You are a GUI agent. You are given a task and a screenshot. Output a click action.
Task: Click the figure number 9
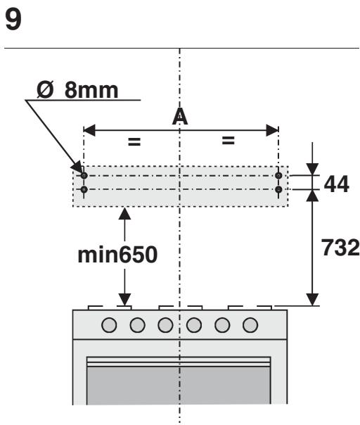tap(13, 20)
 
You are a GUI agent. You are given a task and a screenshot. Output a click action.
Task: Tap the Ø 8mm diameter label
tap(77, 90)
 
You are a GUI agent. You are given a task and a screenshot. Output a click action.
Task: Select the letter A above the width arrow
tap(180, 117)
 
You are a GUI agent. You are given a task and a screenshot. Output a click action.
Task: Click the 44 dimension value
tap(336, 184)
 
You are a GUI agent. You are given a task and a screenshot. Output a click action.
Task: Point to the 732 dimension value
tap(340, 247)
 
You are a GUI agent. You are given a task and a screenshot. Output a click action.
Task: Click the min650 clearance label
tap(117, 255)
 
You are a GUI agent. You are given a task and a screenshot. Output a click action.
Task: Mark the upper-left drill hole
tap(84, 176)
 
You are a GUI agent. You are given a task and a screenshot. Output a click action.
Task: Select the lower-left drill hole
tap(84, 189)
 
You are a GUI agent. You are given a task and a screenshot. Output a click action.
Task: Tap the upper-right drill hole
tap(278, 176)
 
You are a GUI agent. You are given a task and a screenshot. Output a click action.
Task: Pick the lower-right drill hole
tap(278, 189)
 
